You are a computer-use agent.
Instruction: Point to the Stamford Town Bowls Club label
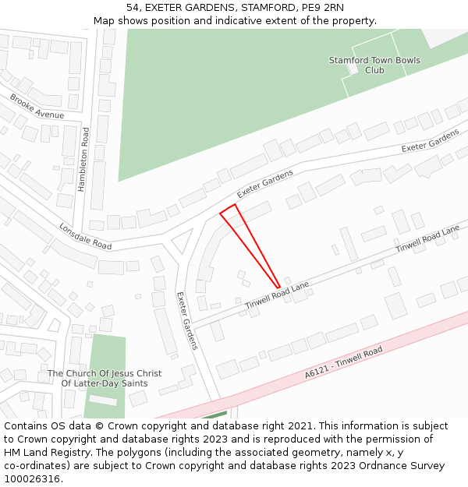(x=374, y=65)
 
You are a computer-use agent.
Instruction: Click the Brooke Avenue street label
(x=37, y=106)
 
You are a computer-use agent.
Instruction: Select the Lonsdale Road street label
(x=85, y=235)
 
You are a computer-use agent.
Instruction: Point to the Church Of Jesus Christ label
(x=105, y=378)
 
